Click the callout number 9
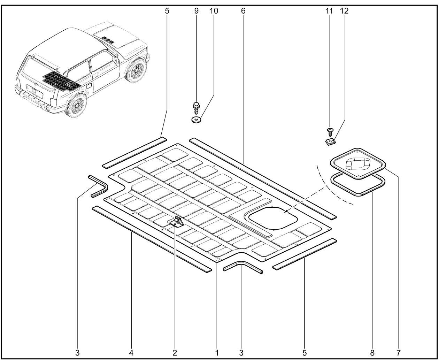tap(196, 11)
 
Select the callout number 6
tap(243, 11)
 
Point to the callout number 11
tap(329, 11)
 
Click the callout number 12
tap(344, 11)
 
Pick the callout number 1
tap(217, 352)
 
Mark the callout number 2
tap(175, 352)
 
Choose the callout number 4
tap(131, 352)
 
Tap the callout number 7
tap(398, 352)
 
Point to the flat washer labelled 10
tap(197, 120)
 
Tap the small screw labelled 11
tap(330, 132)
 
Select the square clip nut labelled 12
tap(330, 141)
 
